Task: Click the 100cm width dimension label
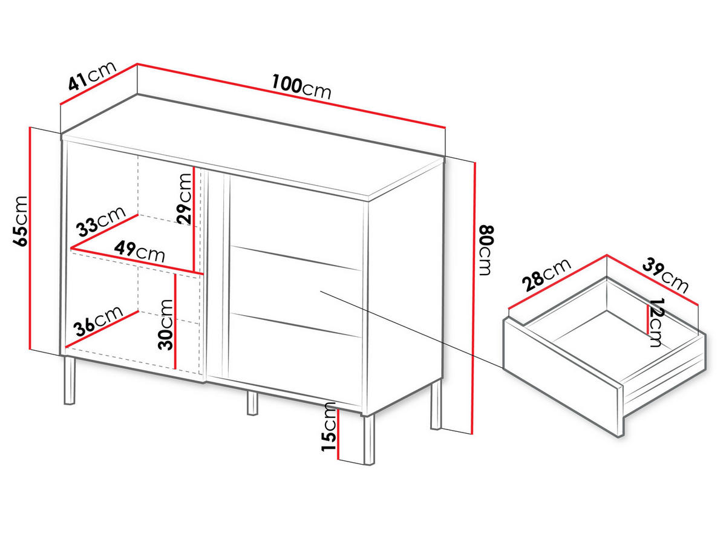[301, 87]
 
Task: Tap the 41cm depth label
[93, 76]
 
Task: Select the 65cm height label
[20, 221]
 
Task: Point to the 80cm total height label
[486, 250]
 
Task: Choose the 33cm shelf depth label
[100, 221]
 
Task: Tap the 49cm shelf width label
[139, 252]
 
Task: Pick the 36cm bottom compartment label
[98, 321]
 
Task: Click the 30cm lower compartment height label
[165, 324]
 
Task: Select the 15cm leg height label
[329, 427]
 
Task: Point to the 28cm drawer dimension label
[546, 275]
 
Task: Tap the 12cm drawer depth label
[656, 322]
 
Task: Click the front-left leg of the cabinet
[70, 380]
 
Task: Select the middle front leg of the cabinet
[252, 403]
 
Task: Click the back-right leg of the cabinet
[436, 405]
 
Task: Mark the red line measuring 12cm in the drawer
[647, 319]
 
